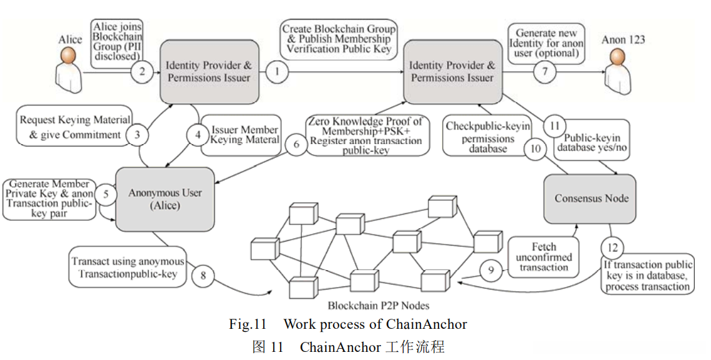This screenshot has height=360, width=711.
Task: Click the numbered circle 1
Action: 277,72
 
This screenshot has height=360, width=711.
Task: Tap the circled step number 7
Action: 544,72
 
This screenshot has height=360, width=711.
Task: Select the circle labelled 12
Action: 614,248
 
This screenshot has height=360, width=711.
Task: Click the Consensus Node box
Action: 591,198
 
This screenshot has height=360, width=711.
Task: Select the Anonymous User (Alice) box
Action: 165,199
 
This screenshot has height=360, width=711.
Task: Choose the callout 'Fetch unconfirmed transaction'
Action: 543,257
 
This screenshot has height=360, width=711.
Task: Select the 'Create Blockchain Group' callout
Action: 339,39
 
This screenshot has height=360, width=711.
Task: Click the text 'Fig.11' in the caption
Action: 247,324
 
